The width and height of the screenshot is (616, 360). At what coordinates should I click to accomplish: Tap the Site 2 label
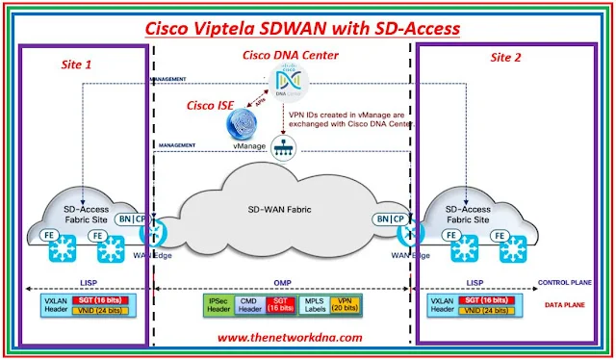(507, 57)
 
